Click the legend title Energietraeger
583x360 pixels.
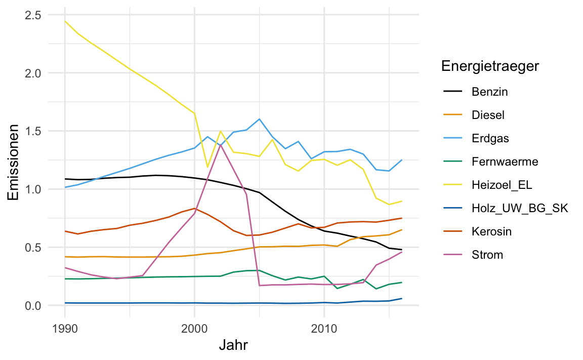pyautogui.click(x=489, y=66)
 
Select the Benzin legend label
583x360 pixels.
pyautogui.click(x=489, y=92)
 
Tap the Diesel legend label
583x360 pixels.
pyautogui.click(x=488, y=115)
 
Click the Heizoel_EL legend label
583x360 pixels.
pyautogui.click(x=498, y=185)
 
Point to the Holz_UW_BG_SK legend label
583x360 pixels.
pyautogui.click(x=513, y=209)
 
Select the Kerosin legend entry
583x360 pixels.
pyautogui.click(x=491, y=232)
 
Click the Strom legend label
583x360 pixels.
pyautogui.click(x=487, y=255)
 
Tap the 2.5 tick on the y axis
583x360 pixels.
pyautogui.click(x=33, y=15)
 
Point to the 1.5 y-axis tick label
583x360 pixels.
pyautogui.click(x=33, y=131)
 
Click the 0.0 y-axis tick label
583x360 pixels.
pyautogui.click(x=33, y=306)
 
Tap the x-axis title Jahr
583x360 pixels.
pyautogui.click(x=233, y=346)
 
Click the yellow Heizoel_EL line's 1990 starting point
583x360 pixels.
pyautogui.click(x=65, y=21)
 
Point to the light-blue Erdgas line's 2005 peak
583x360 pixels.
pyautogui.click(x=259, y=119)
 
